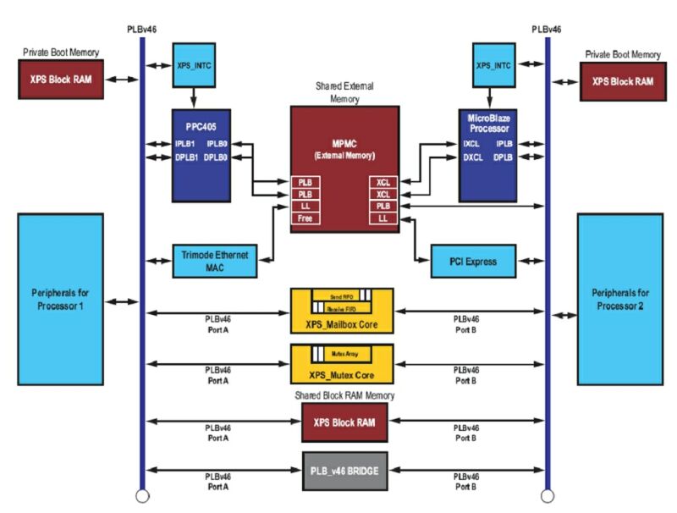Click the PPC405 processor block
click(x=201, y=155)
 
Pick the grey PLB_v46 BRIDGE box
click(x=344, y=471)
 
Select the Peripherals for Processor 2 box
click(x=617, y=299)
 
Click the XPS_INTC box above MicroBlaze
click(x=495, y=65)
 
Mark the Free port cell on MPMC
click(x=303, y=218)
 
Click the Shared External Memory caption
click(x=344, y=91)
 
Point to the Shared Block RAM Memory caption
click(x=344, y=396)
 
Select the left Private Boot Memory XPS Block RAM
click(x=61, y=80)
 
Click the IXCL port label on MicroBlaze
click(x=472, y=145)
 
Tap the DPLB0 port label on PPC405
click(x=217, y=157)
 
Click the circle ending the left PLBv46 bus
click(x=141, y=496)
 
